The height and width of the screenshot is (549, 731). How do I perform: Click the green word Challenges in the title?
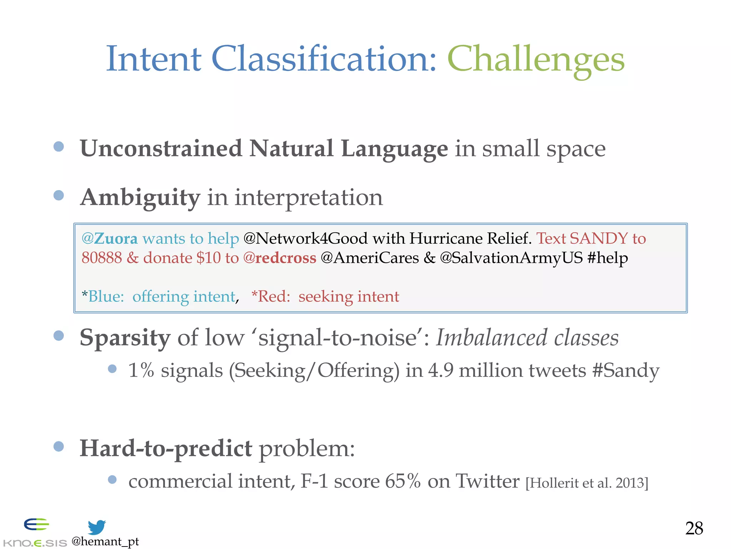[x=535, y=60]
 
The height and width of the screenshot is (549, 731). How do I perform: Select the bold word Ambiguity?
[x=140, y=198]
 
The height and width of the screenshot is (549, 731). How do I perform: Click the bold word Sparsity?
[x=125, y=338]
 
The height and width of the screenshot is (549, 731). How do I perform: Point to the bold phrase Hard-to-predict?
[x=166, y=449]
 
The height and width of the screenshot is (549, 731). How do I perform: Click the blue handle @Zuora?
[x=109, y=238]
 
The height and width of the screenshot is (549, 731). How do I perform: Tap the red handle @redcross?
[x=279, y=258]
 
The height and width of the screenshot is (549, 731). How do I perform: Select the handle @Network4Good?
[x=305, y=238]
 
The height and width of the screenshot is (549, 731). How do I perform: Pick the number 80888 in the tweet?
[x=102, y=258]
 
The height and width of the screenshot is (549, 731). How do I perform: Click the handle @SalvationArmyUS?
[x=511, y=258]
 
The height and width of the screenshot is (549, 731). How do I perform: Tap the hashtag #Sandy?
[x=625, y=371]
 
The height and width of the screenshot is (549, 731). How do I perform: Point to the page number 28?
[x=694, y=528]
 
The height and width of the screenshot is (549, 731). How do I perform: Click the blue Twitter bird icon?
[x=97, y=527]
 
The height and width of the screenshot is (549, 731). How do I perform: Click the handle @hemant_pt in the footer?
[x=105, y=541]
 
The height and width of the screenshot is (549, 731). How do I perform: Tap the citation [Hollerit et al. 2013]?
[x=586, y=483]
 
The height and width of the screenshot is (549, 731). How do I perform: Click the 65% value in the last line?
[x=403, y=481]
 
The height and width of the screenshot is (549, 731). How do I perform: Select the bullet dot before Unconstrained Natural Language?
[x=59, y=147]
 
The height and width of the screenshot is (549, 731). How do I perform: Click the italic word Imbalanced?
[x=491, y=338]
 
